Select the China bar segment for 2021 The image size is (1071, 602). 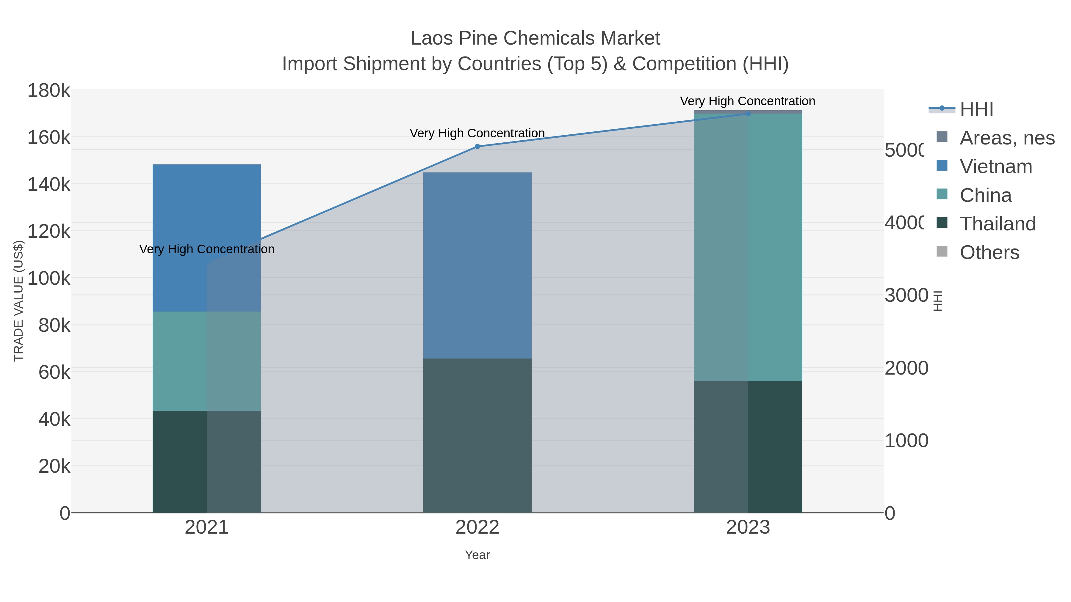click(x=207, y=361)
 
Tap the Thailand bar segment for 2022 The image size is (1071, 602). click(x=477, y=436)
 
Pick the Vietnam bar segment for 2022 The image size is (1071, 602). click(x=477, y=265)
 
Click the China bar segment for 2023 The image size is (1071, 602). click(x=748, y=247)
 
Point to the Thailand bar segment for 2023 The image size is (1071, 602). click(x=748, y=447)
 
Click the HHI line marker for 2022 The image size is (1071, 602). click(x=477, y=146)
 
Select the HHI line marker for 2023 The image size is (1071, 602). click(x=748, y=114)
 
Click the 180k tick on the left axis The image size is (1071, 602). click(x=49, y=91)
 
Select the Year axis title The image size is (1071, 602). click(x=477, y=555)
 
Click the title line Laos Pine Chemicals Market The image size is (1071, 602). click(x=535, y=38)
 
